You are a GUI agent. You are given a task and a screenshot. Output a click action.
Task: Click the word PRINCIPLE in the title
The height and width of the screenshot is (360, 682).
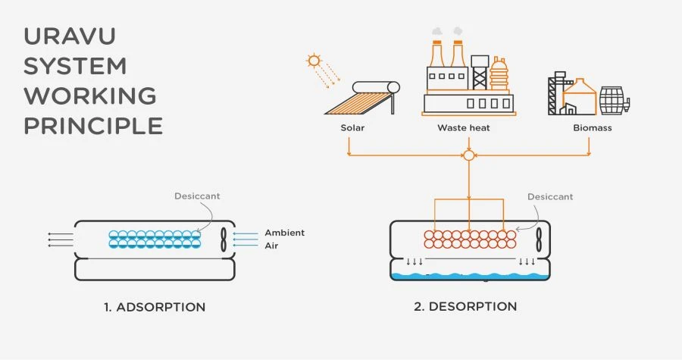point(93,125)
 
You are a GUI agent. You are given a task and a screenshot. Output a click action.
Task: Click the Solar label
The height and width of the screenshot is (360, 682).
point(352,128)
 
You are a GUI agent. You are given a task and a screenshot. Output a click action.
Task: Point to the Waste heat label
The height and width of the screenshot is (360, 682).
point(464,128)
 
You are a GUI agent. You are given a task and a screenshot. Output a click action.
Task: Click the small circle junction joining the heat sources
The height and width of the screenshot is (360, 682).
point(468,155)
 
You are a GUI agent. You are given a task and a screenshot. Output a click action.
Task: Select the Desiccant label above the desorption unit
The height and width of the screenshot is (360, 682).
point(550,196)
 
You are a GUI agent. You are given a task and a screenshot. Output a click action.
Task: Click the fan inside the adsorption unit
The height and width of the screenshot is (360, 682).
point(223,239)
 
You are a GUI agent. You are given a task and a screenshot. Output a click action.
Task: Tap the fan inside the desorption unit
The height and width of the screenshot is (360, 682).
point(537,239)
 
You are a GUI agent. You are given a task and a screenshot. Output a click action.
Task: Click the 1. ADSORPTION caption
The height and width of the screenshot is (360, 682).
point(155,307)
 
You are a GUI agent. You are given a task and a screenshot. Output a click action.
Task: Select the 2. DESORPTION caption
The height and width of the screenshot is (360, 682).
point(466,306)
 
